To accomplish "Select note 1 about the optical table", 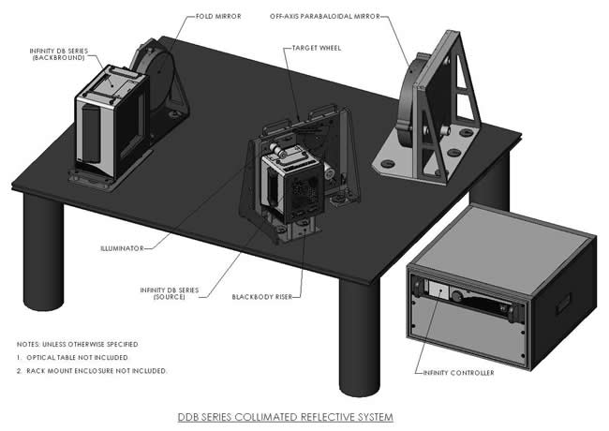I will (x=73, y=357).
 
